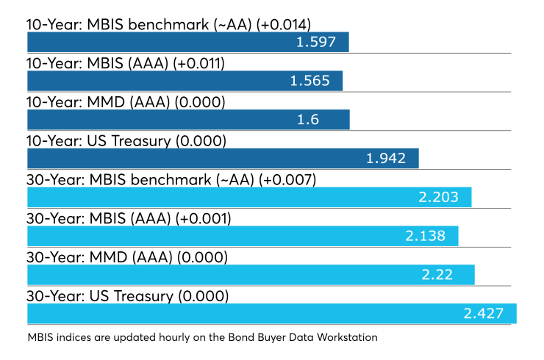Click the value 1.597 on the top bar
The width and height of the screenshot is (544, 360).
(316, 42)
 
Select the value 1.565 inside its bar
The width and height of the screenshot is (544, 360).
(309, 81)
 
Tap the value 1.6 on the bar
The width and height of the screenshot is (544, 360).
(308, 120)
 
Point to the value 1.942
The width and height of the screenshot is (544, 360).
(386, 159)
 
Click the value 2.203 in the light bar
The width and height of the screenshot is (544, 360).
(439, 197)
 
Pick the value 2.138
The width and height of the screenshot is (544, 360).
(426, 236)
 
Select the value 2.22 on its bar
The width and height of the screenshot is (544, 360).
(437, 275)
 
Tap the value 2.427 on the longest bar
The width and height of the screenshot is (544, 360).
(484, 314)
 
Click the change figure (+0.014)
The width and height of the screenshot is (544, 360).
(284, 25)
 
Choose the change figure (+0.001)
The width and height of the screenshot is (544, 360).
(204, 218)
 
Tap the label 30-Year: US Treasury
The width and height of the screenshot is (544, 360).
(100, 296)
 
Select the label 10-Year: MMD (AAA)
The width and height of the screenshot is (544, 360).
(99, 102)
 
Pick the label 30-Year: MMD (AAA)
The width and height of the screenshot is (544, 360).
(99, 257)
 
